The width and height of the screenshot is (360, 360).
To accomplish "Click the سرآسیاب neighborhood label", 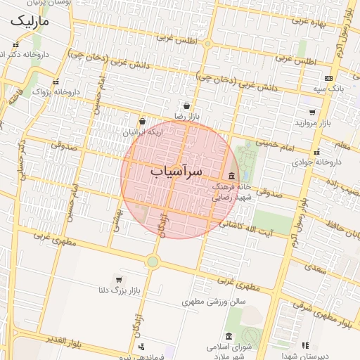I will [176, 171].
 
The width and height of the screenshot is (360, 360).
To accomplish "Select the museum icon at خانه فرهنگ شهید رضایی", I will [232, 176].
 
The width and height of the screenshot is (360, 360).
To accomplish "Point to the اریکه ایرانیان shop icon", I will [142, 122].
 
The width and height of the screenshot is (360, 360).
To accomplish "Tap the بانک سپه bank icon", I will [328, 78].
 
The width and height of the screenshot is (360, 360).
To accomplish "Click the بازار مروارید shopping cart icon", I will [312, 112].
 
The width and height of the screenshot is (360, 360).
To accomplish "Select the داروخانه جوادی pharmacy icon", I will [316, 152].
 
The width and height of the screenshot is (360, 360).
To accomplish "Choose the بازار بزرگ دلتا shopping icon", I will [118, 279].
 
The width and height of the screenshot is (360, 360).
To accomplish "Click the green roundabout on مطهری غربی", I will [153, 262].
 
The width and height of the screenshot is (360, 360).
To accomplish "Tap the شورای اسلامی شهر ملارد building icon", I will [229, 336].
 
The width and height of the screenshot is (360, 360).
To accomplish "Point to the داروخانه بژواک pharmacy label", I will [48, 91].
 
